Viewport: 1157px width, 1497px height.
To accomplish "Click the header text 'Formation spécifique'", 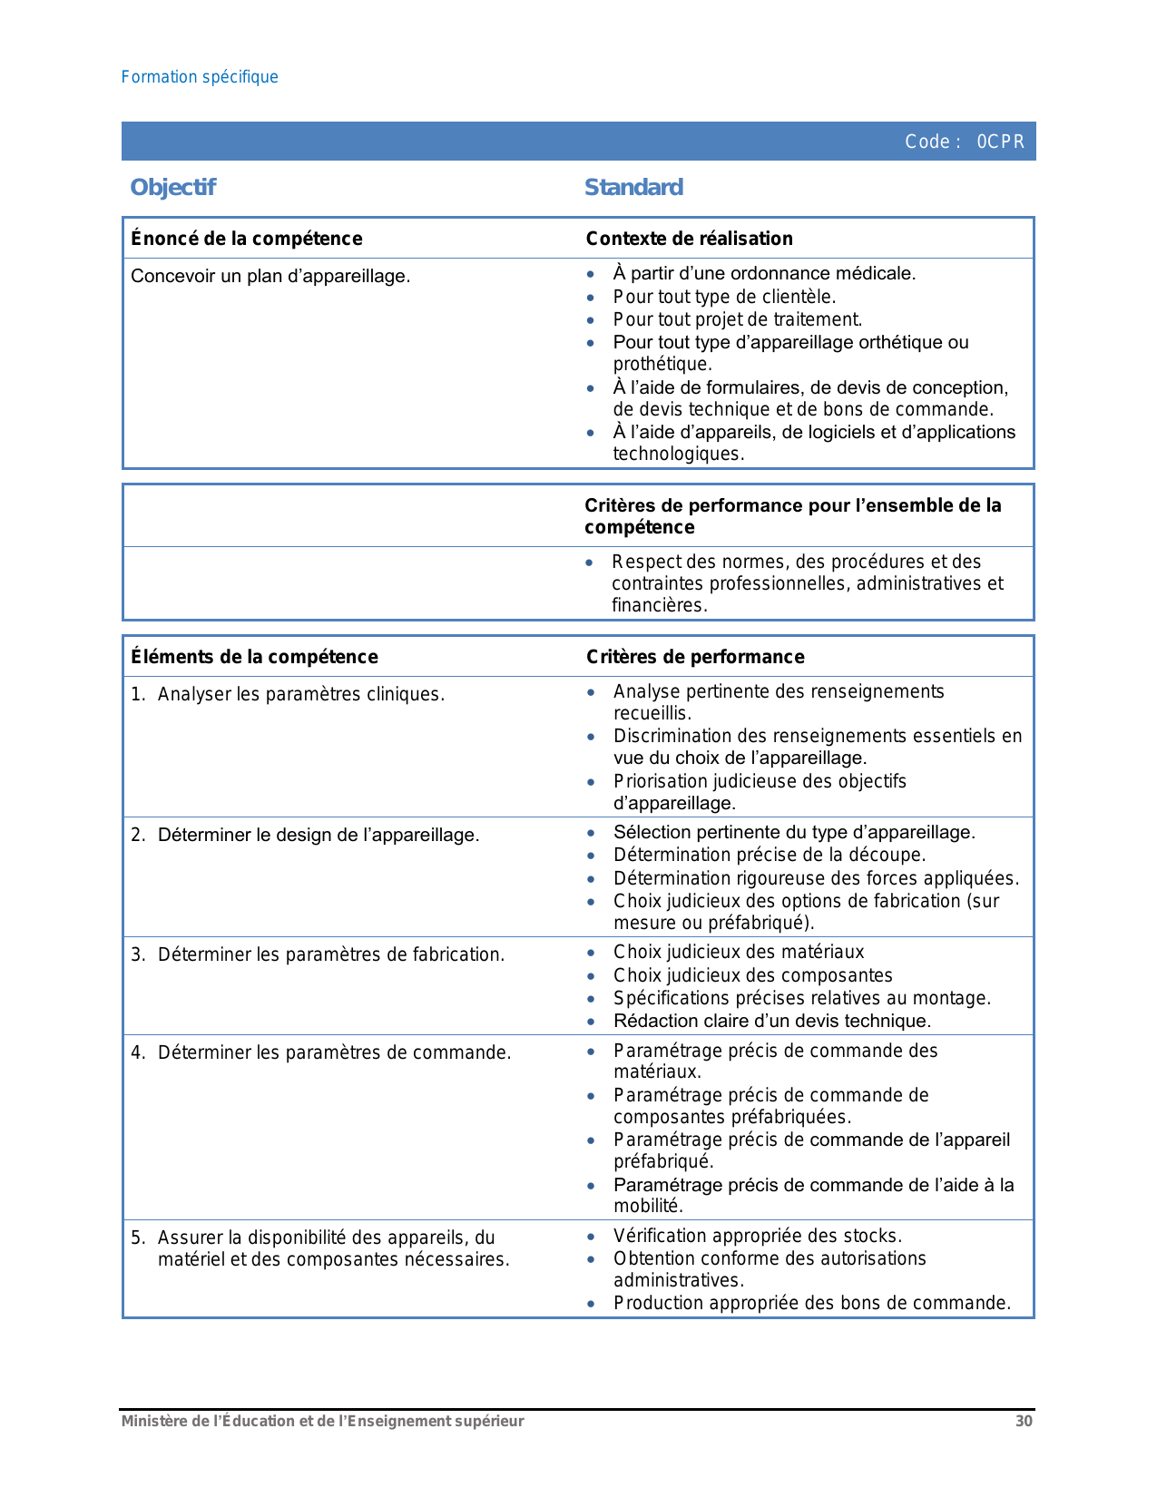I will click(200, 77).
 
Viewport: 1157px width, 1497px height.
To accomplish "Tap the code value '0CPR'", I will click(1000, 142).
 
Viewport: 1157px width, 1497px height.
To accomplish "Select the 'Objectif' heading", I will click(172, 188).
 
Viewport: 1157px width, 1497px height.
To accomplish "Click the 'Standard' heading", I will click(633, 188).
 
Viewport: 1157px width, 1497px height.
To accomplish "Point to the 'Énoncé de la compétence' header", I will click(247, 239).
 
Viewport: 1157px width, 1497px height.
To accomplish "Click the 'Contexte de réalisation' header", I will click(689, 239).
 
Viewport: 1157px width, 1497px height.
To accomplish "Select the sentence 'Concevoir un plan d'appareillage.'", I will click(270, 276).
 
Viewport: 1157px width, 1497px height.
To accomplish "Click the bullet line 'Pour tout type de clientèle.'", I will click(724, 297).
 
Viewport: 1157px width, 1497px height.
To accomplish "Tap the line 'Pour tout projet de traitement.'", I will click(737, 319).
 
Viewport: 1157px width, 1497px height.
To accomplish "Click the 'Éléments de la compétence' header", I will click(254, 657).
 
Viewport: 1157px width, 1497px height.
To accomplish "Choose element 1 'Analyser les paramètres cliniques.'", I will click(300, 695).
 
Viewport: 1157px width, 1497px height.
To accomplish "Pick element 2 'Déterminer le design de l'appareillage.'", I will click(318, 835).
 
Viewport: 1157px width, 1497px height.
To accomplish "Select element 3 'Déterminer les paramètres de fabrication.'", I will click(330, 954).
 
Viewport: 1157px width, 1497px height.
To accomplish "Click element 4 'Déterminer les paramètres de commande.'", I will click(334, 1052).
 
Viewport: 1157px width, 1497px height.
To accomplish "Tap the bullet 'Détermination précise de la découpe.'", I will click(770, 855).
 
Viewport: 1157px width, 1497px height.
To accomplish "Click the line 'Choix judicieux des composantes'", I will click(752, 975).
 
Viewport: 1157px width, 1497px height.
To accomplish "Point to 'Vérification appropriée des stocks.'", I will click(758, 1236).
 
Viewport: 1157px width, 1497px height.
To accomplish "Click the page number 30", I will click(1024, 1422).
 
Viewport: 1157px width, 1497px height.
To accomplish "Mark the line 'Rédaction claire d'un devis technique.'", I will click(772, 1021).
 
